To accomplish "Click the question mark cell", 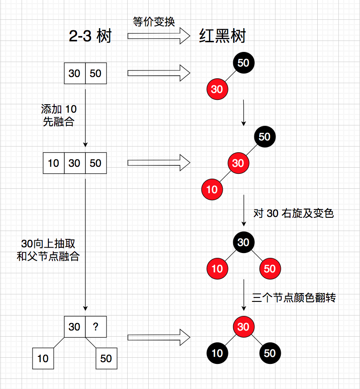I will (x=96, y=327).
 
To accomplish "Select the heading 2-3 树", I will (x=90, y=36).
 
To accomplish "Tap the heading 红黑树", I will (x=222, y=36).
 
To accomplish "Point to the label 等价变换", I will (x=154, y=22).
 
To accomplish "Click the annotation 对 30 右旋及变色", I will (x=294, y=214).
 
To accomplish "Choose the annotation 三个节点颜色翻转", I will (x=294, y=298).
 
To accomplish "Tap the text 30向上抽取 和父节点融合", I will (x=48, y=250).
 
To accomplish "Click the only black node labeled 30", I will (x=243, y=242).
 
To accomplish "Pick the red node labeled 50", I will (x=270, y=268).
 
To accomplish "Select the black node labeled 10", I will (x=217, y=353).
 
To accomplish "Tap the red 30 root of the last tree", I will (x=243, y=327).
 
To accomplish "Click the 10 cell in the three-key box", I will (x=54, y=163).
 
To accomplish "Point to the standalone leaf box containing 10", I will (x=43, y=359).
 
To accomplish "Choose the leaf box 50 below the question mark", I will (x=107, y=359).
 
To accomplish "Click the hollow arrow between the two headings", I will (x=158, y=36).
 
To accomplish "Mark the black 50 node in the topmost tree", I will (x=243, y=62).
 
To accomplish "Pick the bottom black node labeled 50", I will (x=270, y=353).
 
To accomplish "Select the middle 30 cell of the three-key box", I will (x=75, y=163).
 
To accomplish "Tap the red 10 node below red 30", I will (x=212, y=190).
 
